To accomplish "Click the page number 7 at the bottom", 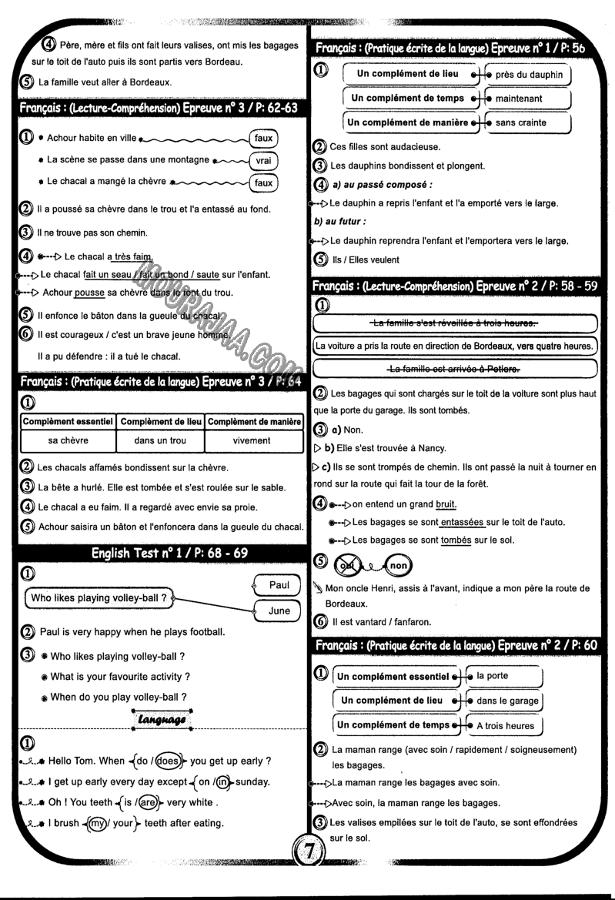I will click(307, 874).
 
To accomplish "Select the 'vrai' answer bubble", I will click(263, 162).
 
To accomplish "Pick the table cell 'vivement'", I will click(251, 440).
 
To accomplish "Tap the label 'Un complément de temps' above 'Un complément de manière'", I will click(407, 99).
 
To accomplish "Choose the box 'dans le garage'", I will click(506, 701).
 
